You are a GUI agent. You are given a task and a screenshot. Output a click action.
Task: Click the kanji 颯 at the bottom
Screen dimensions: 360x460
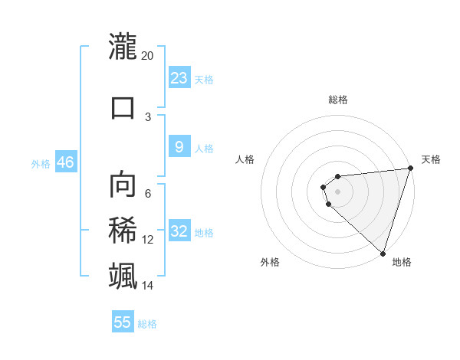click(x=123, y=275)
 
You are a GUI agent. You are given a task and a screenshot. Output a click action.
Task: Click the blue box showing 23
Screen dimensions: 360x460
click(x=179, y=78)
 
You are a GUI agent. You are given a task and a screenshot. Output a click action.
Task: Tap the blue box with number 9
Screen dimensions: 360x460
click(x=179, y=147)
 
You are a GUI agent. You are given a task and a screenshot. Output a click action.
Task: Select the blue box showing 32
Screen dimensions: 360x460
click(x=179, y=231)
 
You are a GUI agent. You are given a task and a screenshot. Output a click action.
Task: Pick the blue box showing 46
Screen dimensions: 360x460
click(x=65, y=162)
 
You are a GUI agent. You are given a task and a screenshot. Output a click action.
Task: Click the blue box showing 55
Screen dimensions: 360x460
click(x=123, y=322)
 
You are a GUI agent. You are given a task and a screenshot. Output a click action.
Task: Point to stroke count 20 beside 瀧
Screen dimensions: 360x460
click(x=148, y=56)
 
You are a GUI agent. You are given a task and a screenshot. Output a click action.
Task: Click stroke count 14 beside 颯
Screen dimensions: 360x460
click(x=148, y=286)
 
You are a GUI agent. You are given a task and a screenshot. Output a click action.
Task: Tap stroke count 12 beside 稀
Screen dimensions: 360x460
click(x=148, y=240)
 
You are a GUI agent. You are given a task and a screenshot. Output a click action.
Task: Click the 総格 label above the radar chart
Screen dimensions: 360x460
click(x=337, y=100)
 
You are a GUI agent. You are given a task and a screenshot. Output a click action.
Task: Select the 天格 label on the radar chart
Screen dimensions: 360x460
click(x=432, y=159)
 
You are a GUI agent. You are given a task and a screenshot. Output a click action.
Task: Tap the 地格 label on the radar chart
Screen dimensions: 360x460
click(x=402, y=262)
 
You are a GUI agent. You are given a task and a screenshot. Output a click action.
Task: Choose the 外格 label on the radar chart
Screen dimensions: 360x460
click(x=270, y=262)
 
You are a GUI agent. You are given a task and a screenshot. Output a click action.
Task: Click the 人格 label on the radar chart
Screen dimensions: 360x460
click(x=245, y=159)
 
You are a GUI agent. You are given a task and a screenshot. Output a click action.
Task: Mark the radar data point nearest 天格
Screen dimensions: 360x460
click(x=409, y=169)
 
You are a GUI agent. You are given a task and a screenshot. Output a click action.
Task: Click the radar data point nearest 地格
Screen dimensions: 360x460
click(x=382, y=253)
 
